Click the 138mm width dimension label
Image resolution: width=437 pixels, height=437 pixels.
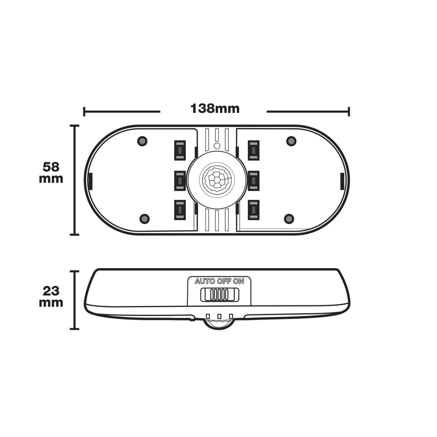coord(215,109)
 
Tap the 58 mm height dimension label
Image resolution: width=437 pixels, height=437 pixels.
coord(51,173)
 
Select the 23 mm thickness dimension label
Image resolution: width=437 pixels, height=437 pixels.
coord(51,297)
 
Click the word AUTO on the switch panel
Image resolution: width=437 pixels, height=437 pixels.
coord(205,282)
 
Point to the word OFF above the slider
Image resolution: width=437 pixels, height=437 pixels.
coord(224,282)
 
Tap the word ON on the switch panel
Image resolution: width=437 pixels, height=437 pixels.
coord(239,282)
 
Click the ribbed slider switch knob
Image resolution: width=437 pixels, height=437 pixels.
coord(219,295)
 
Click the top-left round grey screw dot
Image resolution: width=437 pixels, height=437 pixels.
coord(142,141)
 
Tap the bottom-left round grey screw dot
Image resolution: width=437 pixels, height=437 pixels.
coord(145,219)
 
